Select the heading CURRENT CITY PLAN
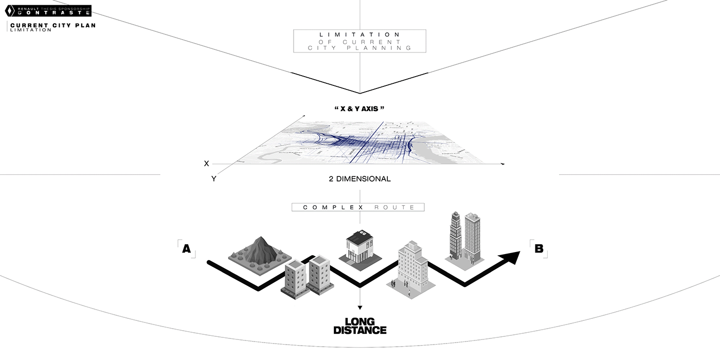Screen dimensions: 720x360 [52, 25]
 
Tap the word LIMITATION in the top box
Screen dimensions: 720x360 [360, 34]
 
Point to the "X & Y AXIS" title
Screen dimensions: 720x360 [359, 109]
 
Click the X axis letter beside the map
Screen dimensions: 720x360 [207, 164]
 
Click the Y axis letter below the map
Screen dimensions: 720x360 [213, 179]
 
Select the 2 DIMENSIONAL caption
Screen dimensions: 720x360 [359, 179]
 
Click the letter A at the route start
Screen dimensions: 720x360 [186, 249]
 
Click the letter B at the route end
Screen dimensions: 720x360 [538, 249]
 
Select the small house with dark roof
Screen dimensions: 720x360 [359, 246]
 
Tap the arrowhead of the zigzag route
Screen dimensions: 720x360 [511, 257]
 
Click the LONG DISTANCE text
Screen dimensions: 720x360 [359, 326]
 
